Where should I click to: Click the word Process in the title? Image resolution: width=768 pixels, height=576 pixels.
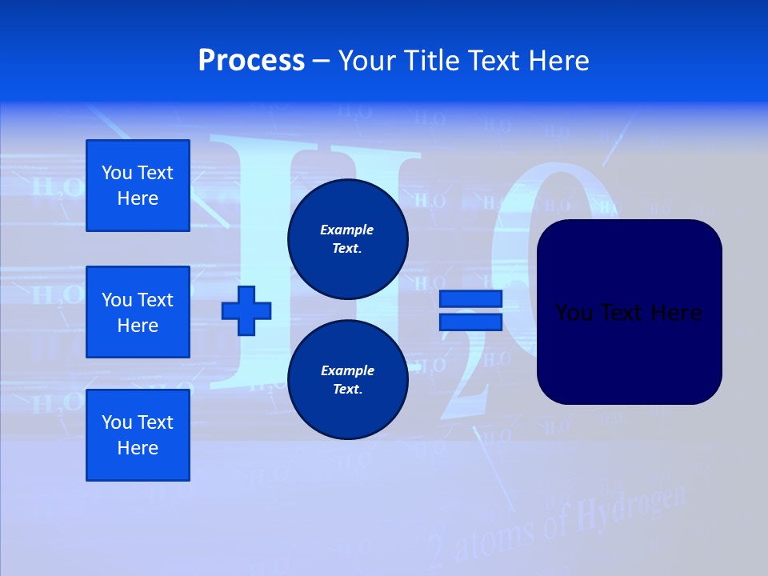tap(251, 61)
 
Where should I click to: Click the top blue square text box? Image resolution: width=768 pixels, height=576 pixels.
tap(138, 186)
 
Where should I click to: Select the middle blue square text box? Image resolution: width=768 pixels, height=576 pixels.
tap(138, 312)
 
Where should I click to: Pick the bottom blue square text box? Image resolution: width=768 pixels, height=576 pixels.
tap(138, 435)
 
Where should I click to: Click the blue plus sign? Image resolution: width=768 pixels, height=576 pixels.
tap(246, 310)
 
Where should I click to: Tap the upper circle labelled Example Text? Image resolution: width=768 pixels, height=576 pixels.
tap(347, 239)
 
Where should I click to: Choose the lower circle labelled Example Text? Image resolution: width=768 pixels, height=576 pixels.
tap(347, 380)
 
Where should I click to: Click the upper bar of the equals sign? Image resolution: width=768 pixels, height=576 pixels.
tap(470, 298)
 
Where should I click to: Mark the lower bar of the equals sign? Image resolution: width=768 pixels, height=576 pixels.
tap(470, 322)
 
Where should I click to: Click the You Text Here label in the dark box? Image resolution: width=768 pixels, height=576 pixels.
tap(628, 313)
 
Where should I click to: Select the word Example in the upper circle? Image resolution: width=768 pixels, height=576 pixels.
tap(347, 230)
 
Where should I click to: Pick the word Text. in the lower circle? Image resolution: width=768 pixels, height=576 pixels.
tap(347, 390)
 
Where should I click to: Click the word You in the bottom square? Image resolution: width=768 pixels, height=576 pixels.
tap(116, 422)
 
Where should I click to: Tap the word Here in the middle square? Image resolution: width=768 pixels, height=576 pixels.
tap(138, 326)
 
